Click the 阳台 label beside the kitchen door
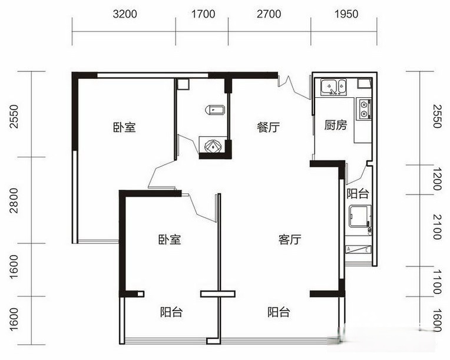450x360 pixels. pos(357,193)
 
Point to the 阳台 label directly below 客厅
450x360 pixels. pos(278,312)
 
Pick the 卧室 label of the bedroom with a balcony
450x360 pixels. pos(169,240)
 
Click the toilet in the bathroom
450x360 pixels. pos(213,109)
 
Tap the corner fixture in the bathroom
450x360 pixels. pos(211,145)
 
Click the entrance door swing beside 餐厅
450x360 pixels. pos(295,87)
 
